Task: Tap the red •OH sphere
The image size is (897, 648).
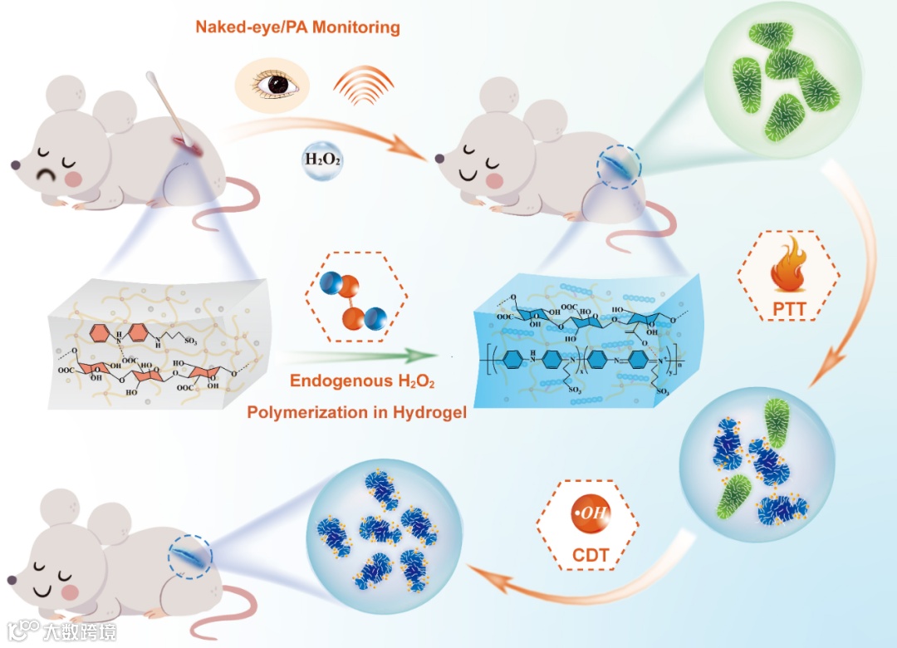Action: point(587,512)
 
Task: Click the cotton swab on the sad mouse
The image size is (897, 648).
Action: point(166,108)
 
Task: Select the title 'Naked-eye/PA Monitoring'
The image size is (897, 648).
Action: point(297,27)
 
